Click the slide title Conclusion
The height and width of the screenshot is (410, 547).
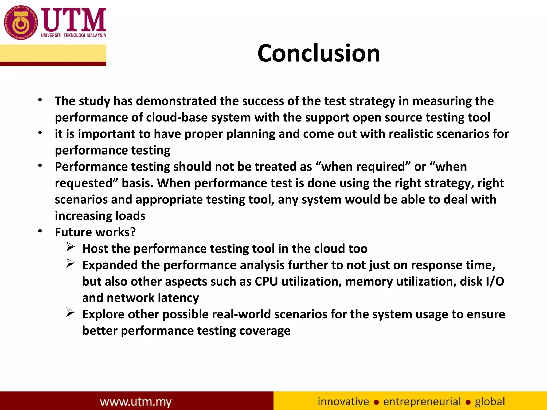click(x=319, y=53)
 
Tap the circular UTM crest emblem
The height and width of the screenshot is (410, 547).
click(x=21, y=22)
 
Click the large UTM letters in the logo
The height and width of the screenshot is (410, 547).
click(x=74, y=20)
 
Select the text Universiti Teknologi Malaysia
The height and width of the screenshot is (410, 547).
click(x=73, y=35)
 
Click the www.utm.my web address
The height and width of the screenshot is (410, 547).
click(x=136, y=402)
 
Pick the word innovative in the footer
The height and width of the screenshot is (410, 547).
click(x=343, y=401)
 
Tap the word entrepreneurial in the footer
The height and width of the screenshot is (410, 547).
click(x=422, y=401)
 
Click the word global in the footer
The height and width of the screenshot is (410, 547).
click(x=490, y=401)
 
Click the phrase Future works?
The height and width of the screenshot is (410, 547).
click(x=95, y=232)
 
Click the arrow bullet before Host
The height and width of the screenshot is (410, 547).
click(x=70, y=247)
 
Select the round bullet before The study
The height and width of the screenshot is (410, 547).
click(x=40, y=100)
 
